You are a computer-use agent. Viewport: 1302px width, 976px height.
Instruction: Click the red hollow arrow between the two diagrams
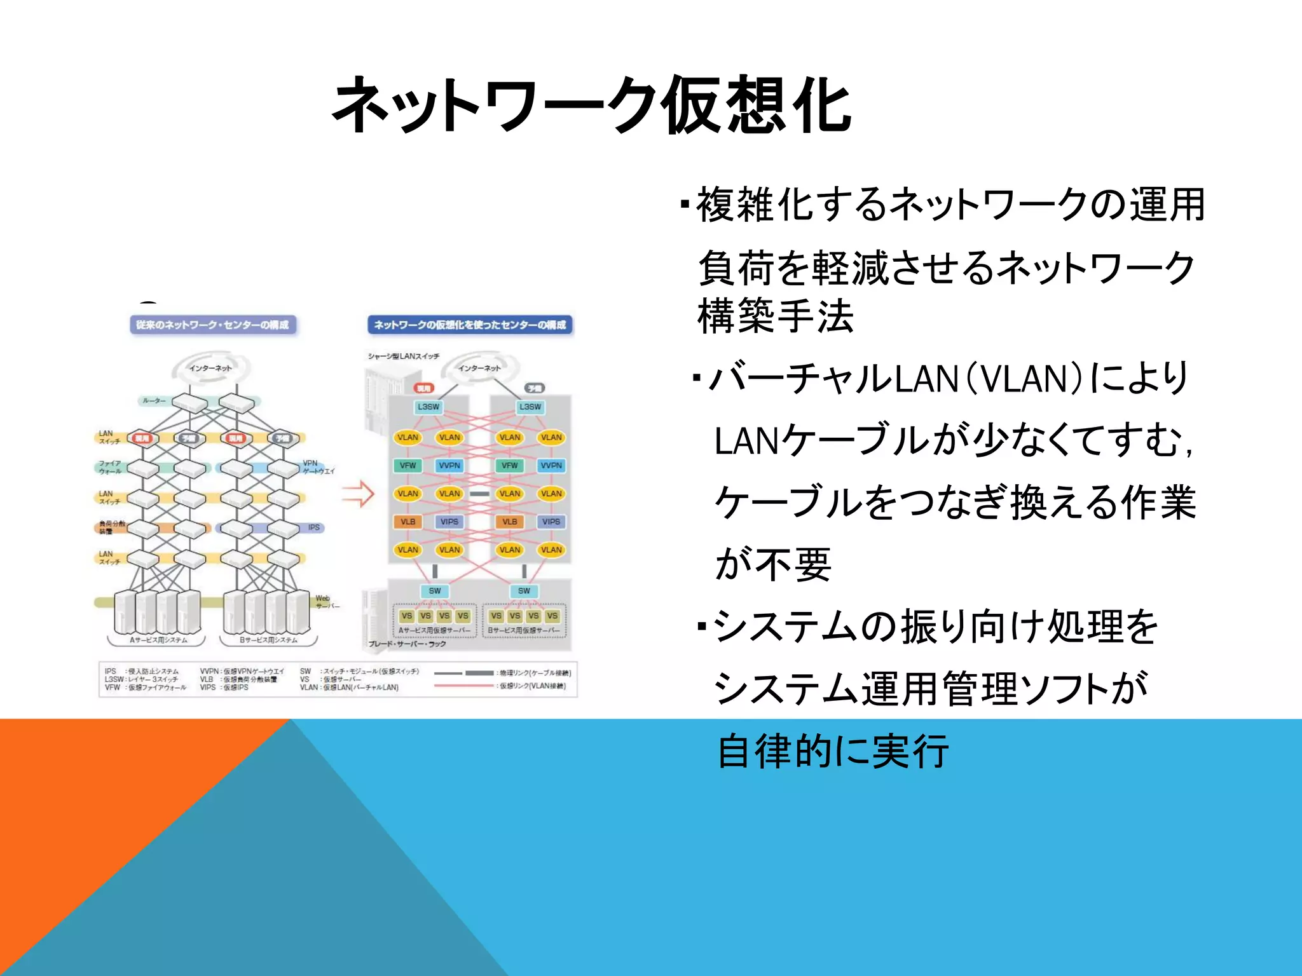pyautogui.click(x=358, y=493)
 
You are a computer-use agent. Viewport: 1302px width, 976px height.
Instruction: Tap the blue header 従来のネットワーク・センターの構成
pyautogui.click(x=212, y=325)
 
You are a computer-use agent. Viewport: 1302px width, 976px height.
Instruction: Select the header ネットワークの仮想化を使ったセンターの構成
pyautogui.click(x=470, y=325)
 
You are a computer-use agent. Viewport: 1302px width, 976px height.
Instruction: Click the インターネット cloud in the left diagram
pyautogui.click(x=210, y=368)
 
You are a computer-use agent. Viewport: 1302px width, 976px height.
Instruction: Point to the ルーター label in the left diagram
pyautogui.click(x=154, y=401)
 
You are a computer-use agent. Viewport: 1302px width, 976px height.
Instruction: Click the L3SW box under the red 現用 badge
pyautogui.click(x=428, y=407)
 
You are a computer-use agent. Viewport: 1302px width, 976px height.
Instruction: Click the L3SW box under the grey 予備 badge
pyautogui.click(x=530, y=407)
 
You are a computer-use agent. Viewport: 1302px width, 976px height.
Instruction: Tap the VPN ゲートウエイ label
pyautogui.click(x=317, y=467)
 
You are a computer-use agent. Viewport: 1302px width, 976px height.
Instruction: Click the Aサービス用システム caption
pyautogui.click(x=158, y=640)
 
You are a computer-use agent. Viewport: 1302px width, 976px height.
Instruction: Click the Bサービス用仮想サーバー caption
pyautogui.click(x=523, y=631)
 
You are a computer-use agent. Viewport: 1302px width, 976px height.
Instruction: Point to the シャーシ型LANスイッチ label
pyautogui.click(x=403, y=356)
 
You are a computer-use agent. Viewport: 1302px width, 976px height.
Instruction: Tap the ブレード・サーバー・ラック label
pyautogui.click(x=407, y=644)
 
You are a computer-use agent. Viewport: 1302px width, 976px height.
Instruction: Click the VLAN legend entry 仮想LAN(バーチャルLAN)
pyautogui.click(x=349, y=688)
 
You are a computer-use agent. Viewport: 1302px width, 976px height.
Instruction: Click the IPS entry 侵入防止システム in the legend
pyautogui.click(x=142, y=671)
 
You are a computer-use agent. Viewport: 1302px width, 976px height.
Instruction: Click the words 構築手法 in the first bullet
pyautogui.click(x=775, y=316)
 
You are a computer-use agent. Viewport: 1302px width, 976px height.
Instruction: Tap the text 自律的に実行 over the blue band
pyautogui.click(x=832, y=751)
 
